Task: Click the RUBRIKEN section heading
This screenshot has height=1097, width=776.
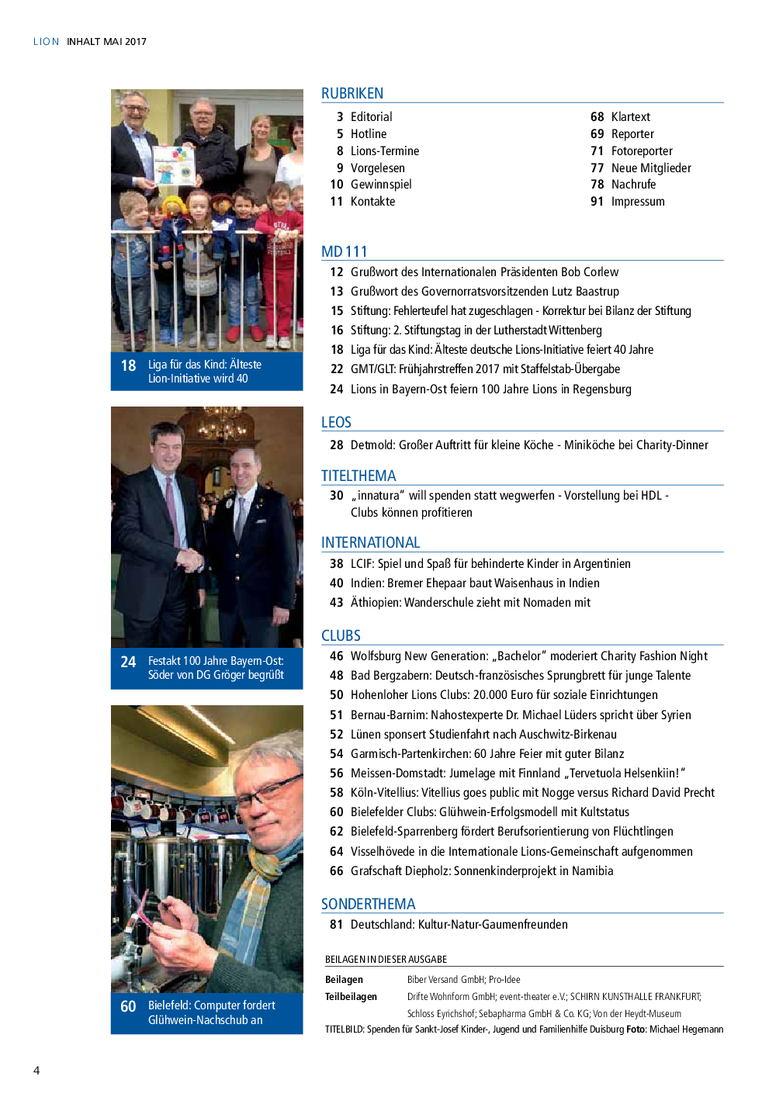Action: (x=352, y=93)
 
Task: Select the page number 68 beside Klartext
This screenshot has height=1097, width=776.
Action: (x=597, y=117)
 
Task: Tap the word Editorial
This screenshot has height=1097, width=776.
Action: (x=371, y=117)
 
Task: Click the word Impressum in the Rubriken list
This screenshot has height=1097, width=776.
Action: (x=638, y=202)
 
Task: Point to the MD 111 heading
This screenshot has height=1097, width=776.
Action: (x=345, y=251)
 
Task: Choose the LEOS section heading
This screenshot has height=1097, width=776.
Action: (x=336, y=422)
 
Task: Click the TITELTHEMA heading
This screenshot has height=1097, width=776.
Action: (x=359, y=476)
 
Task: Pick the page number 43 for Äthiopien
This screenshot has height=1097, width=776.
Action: (x=336, y=603)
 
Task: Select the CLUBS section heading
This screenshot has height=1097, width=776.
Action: (x=341, y=635)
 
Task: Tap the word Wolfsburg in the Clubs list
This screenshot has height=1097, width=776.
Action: (x=376, y=656)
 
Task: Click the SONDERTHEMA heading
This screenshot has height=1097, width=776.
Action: (x=368, y=904)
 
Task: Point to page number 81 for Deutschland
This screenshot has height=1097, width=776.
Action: (x=336, y=925)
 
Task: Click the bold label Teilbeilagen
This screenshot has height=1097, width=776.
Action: (x=351, y=997)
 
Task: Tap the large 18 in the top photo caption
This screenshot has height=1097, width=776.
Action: (x=129, y=365)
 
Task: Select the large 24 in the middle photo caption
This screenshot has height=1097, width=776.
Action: (x=129, y=662)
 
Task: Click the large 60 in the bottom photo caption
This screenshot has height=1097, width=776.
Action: (x=129, y=1006)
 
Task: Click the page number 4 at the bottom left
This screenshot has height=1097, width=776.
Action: (x=36, y=1071)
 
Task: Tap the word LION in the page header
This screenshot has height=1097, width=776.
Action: (x=46, y=42)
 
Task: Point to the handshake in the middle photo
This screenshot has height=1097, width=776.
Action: (x=189, y=558)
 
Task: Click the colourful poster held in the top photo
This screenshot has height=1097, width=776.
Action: (x=173, y=164)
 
